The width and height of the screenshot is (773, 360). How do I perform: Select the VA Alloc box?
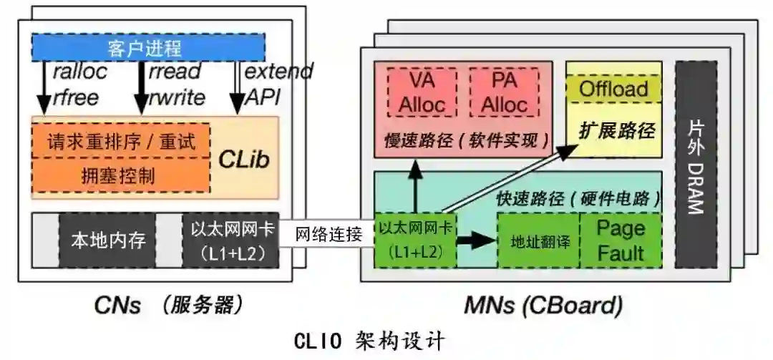[x=422, y=92]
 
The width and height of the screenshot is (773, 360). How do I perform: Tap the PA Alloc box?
[x=504, y=92]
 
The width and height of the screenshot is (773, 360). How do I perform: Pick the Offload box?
[x=613, y=89]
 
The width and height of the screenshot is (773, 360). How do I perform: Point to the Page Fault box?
[x=621, y=240]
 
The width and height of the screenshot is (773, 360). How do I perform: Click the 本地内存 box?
[x=107, y=240]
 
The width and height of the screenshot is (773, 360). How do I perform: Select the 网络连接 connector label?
[x=325, y=234]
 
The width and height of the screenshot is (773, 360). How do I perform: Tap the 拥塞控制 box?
[x=120, y=175]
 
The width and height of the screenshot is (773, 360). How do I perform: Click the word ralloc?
[x=79, y=71]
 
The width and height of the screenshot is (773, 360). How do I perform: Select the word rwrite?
[x=176, y=97]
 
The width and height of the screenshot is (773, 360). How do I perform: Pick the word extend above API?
[x=278, y=71]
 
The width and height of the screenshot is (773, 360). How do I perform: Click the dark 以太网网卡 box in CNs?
[x=230, y=240]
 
